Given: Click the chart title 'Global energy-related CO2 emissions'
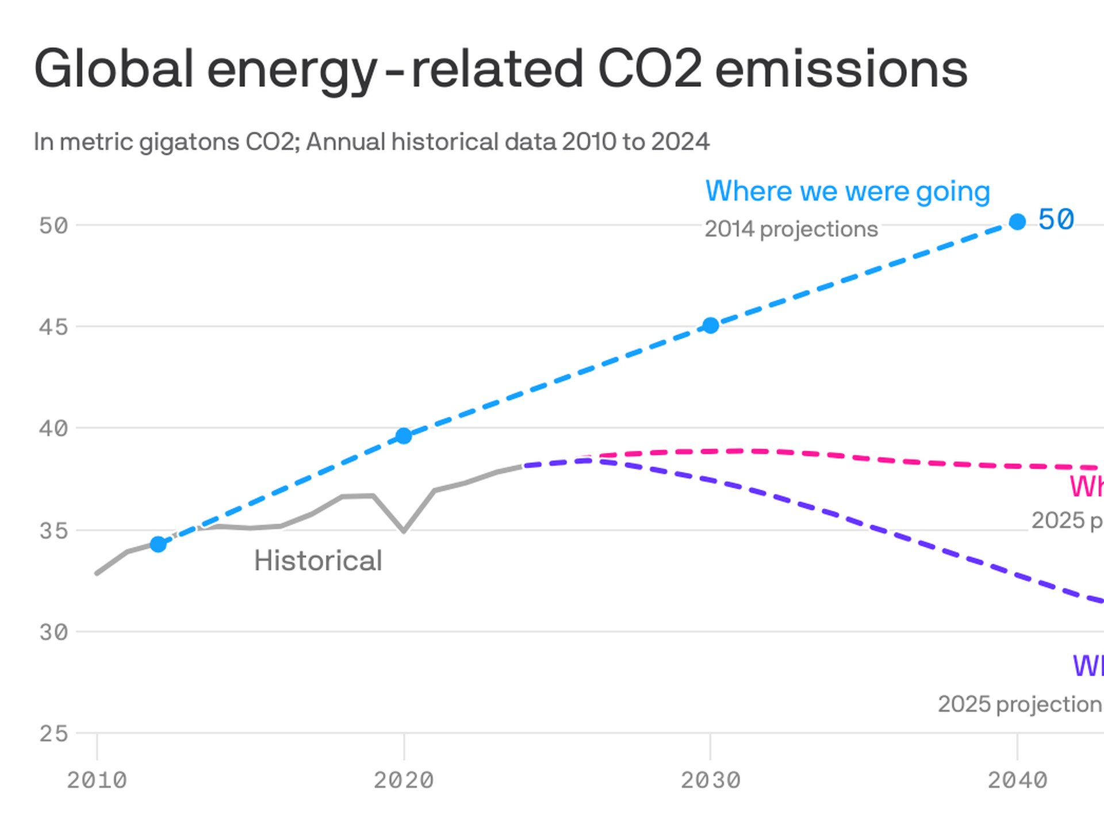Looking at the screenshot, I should point(500,69).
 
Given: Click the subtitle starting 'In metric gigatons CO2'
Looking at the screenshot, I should point(371,142).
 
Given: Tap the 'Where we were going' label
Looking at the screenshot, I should point(848,191).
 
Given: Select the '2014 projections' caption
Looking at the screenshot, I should point(791,229).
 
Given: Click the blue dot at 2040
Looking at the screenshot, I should point(1017,221).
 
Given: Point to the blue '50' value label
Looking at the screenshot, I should point(1056,220).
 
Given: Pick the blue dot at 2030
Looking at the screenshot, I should point(711,325).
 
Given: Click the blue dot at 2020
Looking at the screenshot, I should point(404,436).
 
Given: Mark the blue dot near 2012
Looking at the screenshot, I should point(158,544).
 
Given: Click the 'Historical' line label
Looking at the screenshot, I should point(318,561).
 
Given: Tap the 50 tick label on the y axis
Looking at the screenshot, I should point(53,225).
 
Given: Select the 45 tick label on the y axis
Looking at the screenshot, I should point(53,327).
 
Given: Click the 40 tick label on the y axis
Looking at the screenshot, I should point(53,428).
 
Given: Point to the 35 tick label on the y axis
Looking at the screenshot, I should point(53,530).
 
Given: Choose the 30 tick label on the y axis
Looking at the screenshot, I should point(53,632).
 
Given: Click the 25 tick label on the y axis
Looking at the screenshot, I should point(53,734).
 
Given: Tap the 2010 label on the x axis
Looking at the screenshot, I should point(97,780).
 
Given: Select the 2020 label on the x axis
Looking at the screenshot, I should point(404,780).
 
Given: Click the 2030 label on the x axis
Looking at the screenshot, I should point(711,780).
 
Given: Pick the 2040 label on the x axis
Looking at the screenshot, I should point(1017,780).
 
